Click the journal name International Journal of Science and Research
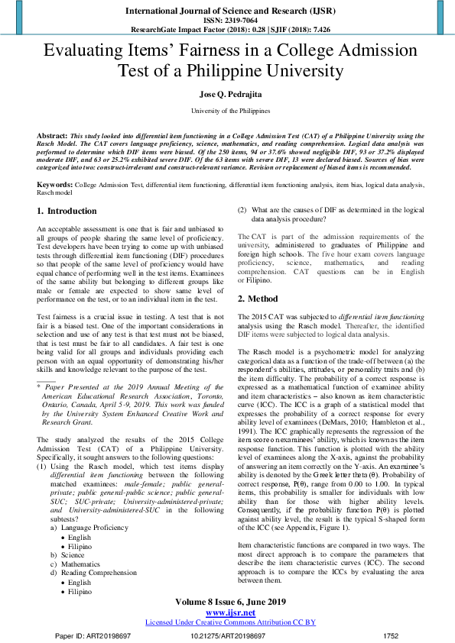[227, 11]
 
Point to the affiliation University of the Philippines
[227, 111]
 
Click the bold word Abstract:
[52, 134]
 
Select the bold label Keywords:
[54, 186]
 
